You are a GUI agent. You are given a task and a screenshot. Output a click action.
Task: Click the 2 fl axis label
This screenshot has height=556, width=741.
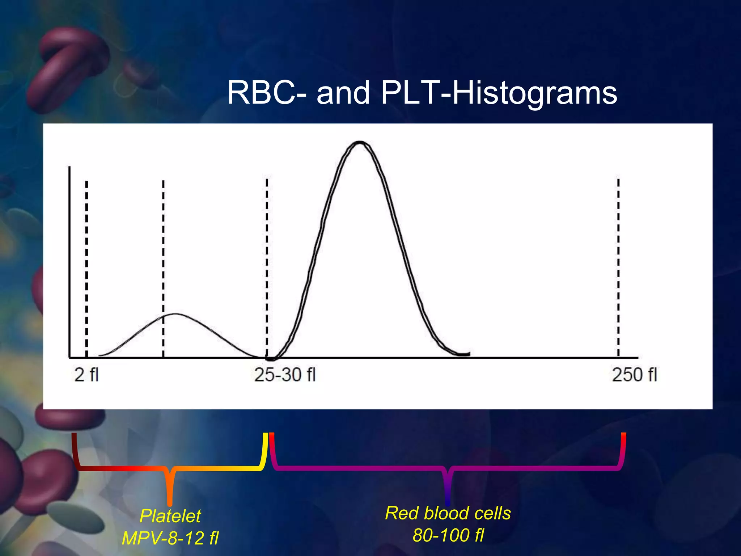[86, 375]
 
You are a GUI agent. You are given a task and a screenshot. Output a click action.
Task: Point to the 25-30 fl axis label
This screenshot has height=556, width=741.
[285, 375]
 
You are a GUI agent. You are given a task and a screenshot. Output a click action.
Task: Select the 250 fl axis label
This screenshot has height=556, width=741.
[634, 375]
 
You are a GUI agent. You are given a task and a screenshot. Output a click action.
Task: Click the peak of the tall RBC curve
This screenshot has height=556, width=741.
[360, 142]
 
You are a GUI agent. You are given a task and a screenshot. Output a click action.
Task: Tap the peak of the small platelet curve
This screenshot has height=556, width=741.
[176, 314]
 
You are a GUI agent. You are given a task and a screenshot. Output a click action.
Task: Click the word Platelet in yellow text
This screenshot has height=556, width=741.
[170, 516]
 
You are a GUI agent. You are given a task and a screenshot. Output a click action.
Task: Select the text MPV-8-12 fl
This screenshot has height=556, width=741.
[170, 538]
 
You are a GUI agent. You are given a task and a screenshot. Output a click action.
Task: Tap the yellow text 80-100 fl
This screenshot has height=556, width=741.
[448, 535]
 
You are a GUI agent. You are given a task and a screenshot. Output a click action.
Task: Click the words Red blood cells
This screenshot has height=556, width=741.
[448, 513]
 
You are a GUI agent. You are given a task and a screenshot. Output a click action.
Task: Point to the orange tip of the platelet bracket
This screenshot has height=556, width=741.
[170, 501]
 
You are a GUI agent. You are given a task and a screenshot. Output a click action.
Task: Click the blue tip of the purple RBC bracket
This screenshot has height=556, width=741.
[448, 501]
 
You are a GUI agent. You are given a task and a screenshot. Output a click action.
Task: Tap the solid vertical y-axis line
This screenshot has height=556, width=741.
[69, 261]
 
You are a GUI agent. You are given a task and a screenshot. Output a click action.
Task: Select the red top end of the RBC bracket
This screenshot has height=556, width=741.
[623, 436]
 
